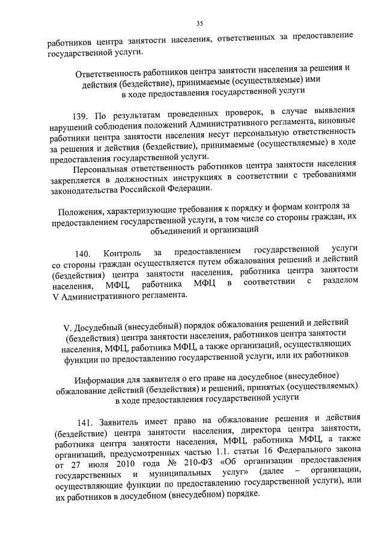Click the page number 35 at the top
[x=200, y=23]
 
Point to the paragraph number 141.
[x=87, y=418]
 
